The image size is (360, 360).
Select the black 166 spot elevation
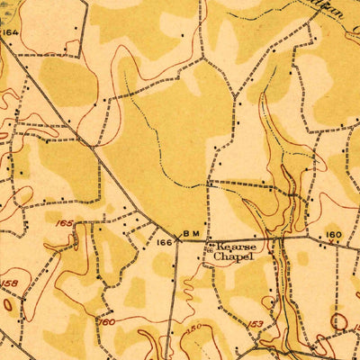(164, 243)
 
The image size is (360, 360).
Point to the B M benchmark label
(192, 234)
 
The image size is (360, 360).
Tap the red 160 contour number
(106, 321)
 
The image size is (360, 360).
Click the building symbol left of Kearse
(209, 245)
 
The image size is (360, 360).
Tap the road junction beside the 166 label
(176, 239)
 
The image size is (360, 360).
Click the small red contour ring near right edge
(339, 319)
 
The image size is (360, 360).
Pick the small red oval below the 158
(8, 304)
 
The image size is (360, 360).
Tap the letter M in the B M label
(196, 234)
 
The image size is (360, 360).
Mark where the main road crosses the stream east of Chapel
(282, 240)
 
